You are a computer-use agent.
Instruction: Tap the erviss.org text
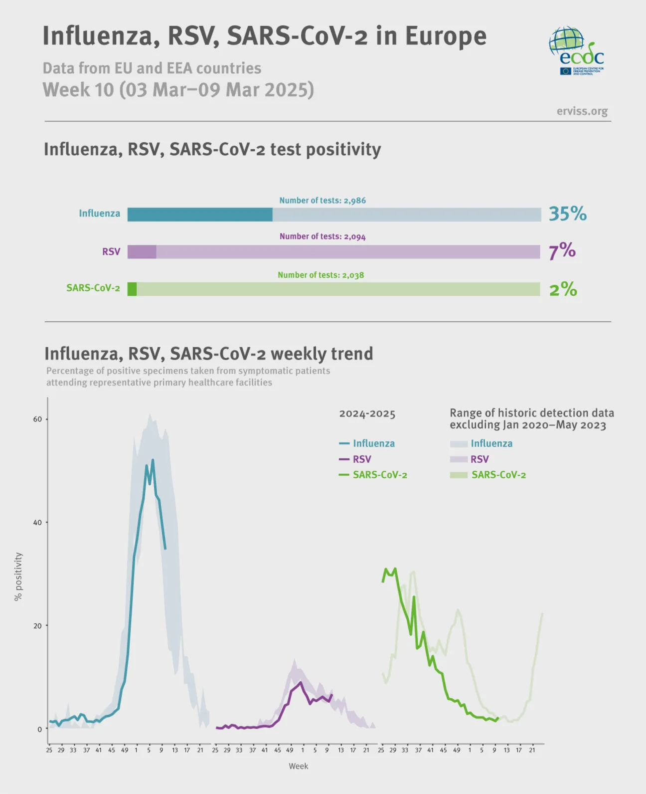582,111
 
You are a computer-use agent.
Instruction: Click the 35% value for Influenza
567,213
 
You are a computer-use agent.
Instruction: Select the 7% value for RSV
562,251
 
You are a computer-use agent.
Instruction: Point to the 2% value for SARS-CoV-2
563,289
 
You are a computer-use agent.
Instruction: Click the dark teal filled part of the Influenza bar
199,214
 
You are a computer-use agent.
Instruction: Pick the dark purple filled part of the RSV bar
142,252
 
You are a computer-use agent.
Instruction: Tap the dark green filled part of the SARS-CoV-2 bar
132,289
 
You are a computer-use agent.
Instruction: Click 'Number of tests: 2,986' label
322,200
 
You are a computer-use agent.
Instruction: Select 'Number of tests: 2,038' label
321,275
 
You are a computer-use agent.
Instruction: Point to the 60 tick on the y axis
38,419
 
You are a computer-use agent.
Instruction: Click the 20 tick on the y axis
38,626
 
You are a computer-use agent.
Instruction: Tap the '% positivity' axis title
18,577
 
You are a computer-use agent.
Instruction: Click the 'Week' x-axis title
298,766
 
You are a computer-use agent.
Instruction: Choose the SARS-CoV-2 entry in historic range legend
488,475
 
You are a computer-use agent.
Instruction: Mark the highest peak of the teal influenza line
153,460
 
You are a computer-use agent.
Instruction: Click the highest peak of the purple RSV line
300,682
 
